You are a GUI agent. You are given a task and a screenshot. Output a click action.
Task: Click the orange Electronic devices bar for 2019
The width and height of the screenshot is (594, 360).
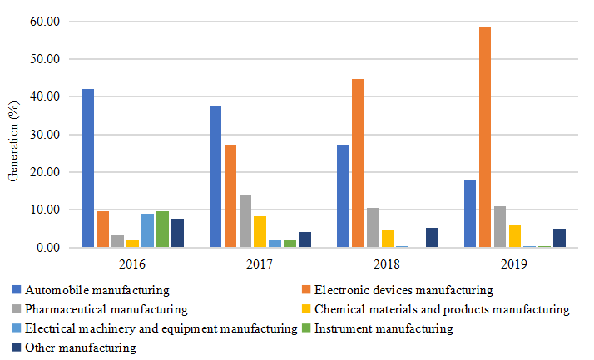pos(484,137)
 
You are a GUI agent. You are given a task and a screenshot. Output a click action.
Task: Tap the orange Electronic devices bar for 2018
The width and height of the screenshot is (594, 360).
pos(357,163)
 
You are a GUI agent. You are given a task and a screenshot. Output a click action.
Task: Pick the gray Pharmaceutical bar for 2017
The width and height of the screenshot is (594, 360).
pos(245,221)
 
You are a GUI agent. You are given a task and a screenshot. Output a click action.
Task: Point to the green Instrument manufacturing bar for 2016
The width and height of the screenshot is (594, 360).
pos(162,229)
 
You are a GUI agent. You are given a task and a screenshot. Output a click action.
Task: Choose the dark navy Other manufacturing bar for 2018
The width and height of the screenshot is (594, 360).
pos(432,238)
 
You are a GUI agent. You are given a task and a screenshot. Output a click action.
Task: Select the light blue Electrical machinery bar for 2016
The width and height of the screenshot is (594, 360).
pos(147,230)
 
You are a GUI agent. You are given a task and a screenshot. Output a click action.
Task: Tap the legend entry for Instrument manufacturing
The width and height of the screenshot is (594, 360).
pos(384,328)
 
